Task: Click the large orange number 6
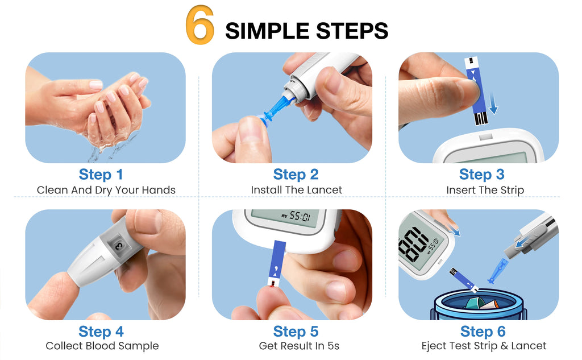[199, 27]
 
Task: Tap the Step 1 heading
[101, 174]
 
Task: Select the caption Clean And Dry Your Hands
[106, 190]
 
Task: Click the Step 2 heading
[296, 174]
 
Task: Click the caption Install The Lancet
[296, 190]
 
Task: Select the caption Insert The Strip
[485, 190]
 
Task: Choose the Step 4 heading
[101, 331]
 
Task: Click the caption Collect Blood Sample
[102, 346]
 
